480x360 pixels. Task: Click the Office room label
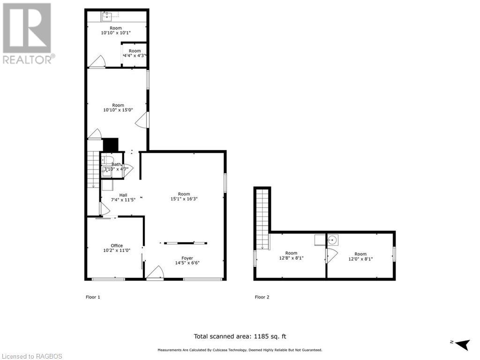click(117, 246)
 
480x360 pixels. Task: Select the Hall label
click(123, 195)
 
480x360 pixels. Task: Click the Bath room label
click(116, 165)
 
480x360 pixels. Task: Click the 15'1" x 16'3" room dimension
click(184, 199)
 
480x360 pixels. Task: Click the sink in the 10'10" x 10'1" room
click(106, 16)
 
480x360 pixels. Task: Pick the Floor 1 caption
click(93, 297)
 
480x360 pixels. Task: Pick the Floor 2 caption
click(262, 297)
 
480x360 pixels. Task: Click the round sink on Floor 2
click(332, 240)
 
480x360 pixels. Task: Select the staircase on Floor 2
click(262, 218)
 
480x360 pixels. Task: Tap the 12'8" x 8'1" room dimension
click(291, 258)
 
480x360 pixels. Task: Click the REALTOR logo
click(28, 33)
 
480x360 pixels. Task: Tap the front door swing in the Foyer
click(156, 272)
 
